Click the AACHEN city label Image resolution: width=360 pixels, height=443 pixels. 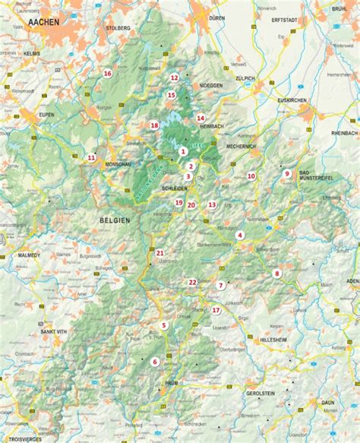(x=43, y=24)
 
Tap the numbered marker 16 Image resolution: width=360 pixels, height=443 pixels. (x=107, y=74)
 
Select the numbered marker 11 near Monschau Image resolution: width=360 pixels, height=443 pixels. (x=91, y=158)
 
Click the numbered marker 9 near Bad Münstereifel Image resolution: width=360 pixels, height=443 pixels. (x=287, y=173)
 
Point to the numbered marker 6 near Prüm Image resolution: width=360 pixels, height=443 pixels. (x=156, y=362)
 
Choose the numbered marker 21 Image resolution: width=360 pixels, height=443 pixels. (x=160, y=252)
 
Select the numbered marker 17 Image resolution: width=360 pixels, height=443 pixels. (x=216, y=310)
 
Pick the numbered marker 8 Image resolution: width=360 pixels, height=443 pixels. (x=277, y=274)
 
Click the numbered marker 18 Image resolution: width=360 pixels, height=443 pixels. (x=154, y=125)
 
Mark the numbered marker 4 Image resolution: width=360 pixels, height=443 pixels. (x=240, y=236)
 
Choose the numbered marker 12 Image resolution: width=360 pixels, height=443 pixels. (x=174, y=78)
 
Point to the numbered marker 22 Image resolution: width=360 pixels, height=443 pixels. (x=193, y=282)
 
